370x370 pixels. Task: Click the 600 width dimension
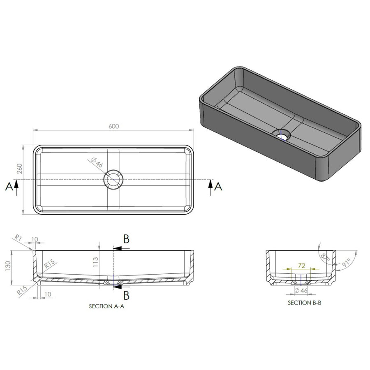[114, 126]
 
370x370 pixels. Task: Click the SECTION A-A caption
[106, 307]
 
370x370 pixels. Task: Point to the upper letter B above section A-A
[127, 239]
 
